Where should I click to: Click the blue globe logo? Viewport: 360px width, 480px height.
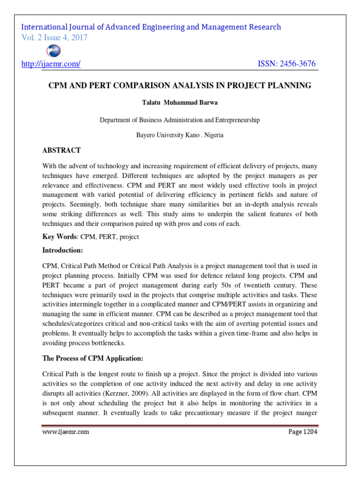point(53,51)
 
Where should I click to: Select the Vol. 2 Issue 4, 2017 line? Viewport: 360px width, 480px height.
point(55,37)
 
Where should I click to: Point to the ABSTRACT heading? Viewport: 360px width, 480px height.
point(61,150)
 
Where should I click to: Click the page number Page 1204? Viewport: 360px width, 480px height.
point(302,432)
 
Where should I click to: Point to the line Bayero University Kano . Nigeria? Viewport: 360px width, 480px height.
point(180,135)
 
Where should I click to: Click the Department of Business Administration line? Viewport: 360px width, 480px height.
point(180,120)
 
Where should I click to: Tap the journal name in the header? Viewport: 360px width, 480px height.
point(151,27)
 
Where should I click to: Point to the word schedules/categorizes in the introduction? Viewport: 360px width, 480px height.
point(73,323)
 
